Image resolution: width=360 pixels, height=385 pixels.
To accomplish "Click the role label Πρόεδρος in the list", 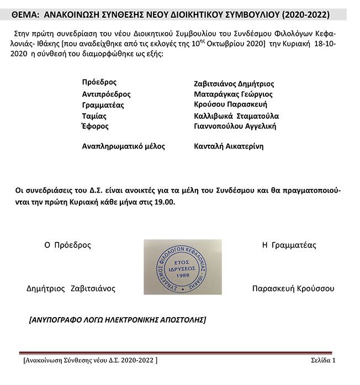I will [99, 82].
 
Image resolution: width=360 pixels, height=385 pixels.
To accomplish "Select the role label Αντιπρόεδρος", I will [106, 94].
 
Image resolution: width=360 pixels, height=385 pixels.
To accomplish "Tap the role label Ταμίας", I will [94, 116].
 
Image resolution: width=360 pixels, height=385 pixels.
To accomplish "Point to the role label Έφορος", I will [95, 126].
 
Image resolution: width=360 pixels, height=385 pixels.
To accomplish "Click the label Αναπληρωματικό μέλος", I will [123, 146].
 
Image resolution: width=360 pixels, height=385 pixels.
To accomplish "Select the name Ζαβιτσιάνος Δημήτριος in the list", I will [234, 84].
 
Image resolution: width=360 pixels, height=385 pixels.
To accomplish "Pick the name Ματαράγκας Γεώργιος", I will [234, 94].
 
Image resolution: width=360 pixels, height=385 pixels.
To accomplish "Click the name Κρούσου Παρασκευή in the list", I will [231, 104].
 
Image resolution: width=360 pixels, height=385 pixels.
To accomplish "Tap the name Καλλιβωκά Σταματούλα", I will [236, 116].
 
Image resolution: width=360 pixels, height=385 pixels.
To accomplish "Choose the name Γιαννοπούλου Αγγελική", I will [235, 126].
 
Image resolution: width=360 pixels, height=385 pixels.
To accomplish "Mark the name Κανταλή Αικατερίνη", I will [229, 146].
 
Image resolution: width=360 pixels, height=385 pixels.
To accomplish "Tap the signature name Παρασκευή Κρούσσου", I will [293, 288].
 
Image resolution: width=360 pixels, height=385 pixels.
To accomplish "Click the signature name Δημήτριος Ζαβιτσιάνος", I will [71, 288].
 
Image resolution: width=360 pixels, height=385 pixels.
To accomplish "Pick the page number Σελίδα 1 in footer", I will [323, 361].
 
